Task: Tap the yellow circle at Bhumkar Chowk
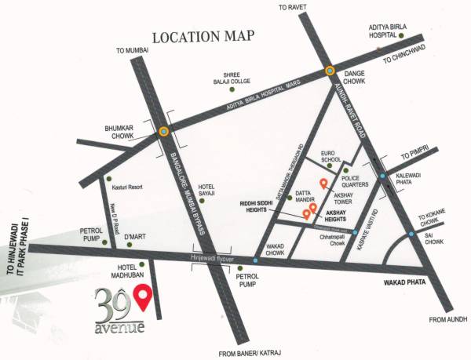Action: (x=163, y=132)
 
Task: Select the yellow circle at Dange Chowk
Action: (x=331, y=72)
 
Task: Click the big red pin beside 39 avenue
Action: (x=142, y=297)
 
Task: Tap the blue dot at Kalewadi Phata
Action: (x=382, y=176)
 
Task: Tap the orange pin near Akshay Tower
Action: (x=322, y=184)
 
